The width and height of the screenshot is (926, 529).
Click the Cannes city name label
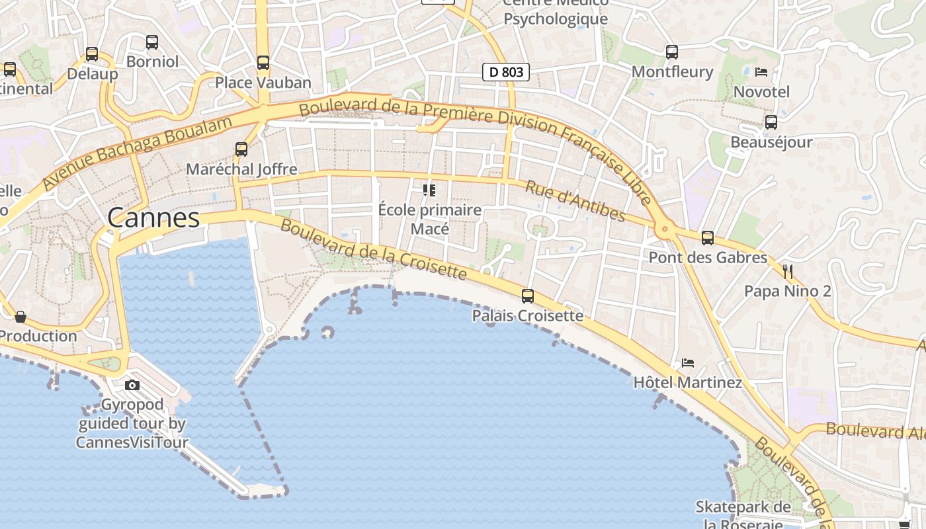pyautogui.click(x=153, y=218)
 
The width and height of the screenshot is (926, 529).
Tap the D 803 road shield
pyautogui.click(x=506, y=72)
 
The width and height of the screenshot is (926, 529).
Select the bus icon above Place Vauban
pyautogui.click(x=263, y=63)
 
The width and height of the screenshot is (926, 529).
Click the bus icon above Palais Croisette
pyautogui.click(x=528, y=296)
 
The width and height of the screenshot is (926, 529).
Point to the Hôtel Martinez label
pyautogui.click(x=687, y=382)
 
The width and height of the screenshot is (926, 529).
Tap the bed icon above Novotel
pyautogui.click(x=761, y=71)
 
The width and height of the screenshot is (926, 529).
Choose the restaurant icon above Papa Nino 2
pyautogui.click(x=787, y=271)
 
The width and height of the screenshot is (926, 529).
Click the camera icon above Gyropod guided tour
pyautogui.click(x=132, y=385)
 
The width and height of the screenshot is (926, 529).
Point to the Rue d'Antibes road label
pyautogui.click(x=575, y=200)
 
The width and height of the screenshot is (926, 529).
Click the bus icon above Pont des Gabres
pyautogui.click(x=708, y=238)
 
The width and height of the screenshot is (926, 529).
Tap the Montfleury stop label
pyautogui.click(x=672, y=71)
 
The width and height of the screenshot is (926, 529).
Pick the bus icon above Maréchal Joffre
pyautogui.click(x=241, y=149)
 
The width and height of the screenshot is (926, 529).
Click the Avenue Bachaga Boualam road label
pyautogui.click(x=138, y=153)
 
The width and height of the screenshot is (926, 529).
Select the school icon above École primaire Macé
pyautogui.click(x=429, y=190)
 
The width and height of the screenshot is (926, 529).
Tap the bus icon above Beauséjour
pyautogui.click(x=771, y=122)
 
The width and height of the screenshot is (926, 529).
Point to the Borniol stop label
pyautogui.click(x=152, y=61)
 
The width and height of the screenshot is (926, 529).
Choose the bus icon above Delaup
pyautogui.click(x=92, y=54)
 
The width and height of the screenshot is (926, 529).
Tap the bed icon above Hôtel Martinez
pyautogui.click(x=688, y=363)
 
